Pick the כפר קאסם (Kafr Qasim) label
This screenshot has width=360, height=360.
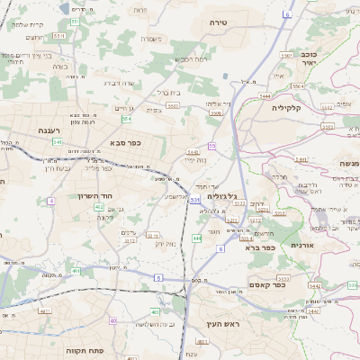[292, 286]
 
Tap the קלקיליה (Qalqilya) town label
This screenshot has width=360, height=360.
[291, 107]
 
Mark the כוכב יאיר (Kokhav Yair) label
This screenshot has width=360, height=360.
[309, 58]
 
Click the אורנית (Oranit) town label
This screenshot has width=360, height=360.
[301, 245]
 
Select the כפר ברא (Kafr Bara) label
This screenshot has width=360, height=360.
[255, 246]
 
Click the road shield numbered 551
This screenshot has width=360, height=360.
[74, 21]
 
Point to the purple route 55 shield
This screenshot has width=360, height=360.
[212, 145]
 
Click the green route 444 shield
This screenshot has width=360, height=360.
[196, 238]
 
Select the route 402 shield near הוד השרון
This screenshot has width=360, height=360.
[99, 207]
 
